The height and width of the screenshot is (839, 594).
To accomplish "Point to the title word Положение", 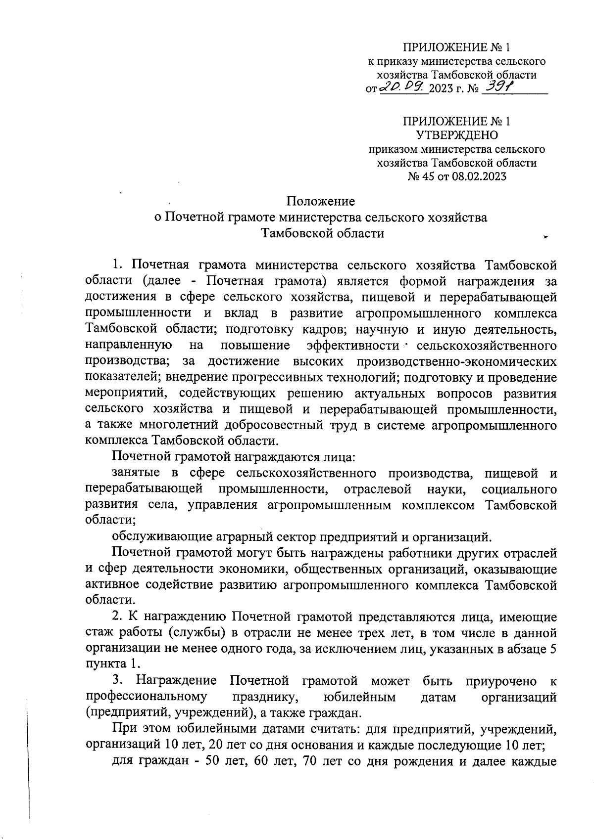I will pyautogui.click(x=321, y=201).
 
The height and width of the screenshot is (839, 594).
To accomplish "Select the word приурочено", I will pyautogui.click(x=501, y=681).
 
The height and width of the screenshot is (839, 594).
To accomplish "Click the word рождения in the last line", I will pyautogui.click(x=426, y=761).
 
